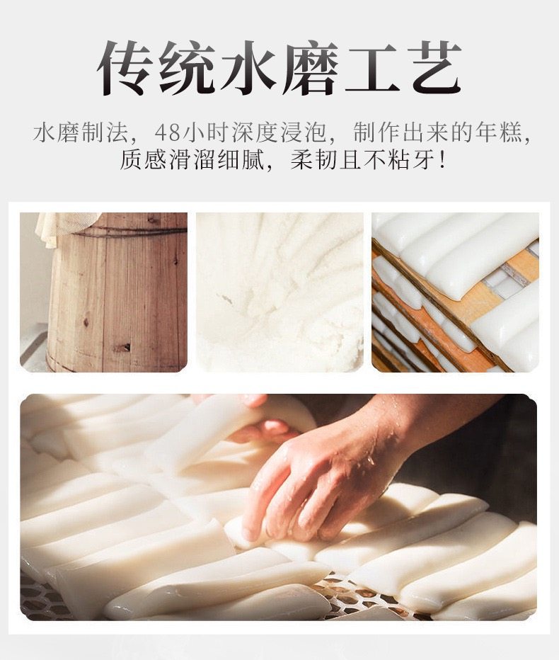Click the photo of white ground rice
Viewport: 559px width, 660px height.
click(x=279, y=292)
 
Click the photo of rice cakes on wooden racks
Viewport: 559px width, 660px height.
click(x=455, y=292)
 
